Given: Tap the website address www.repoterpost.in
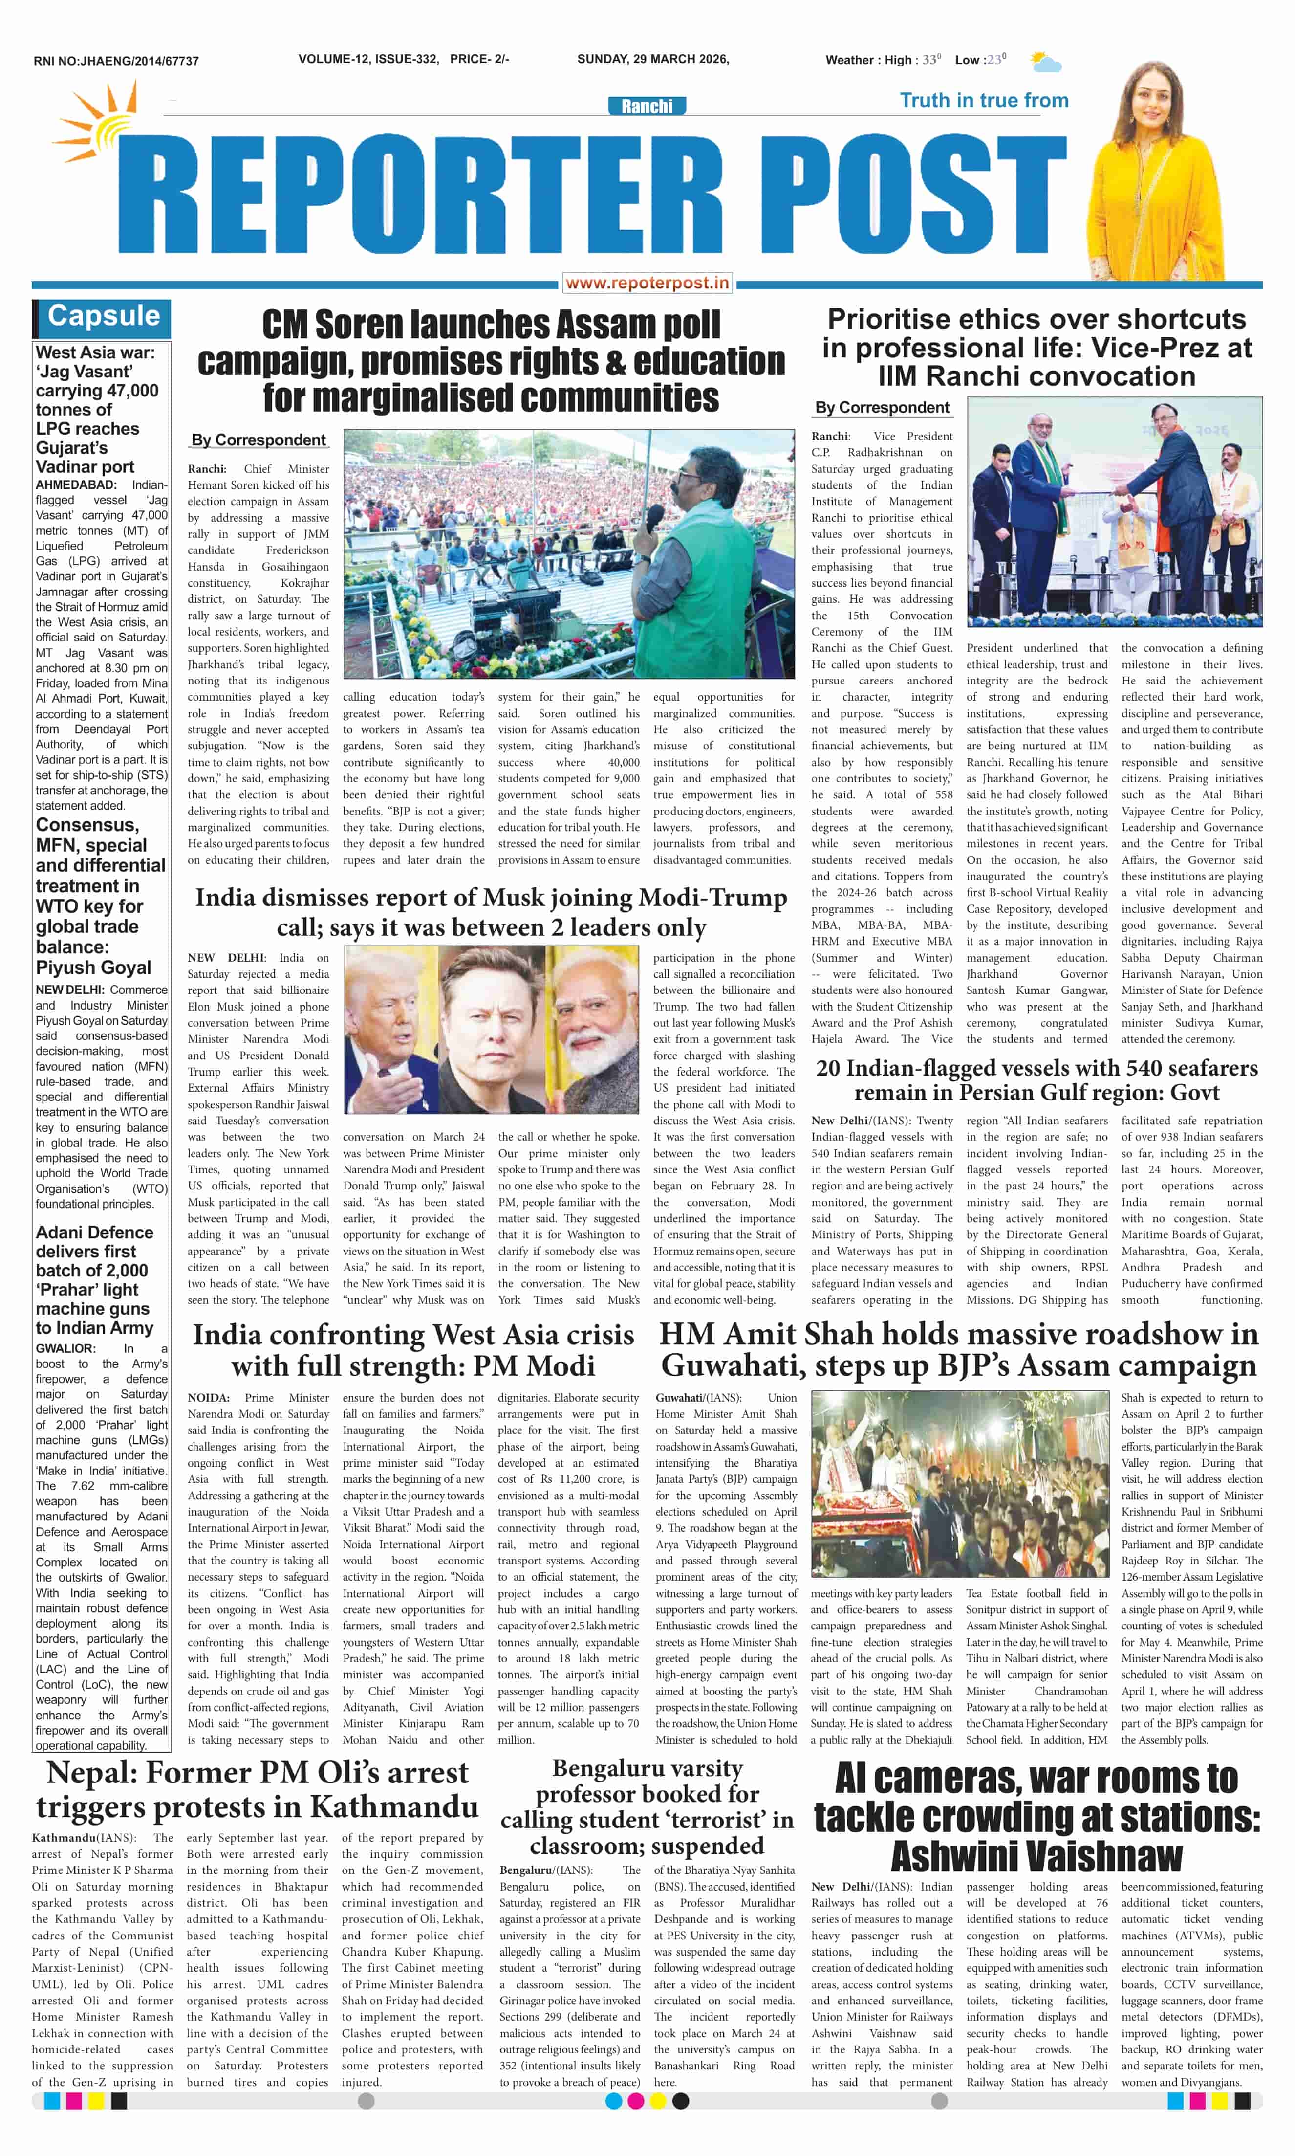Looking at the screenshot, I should [x=647, y=283].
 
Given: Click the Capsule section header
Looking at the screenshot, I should [x=104, y=316].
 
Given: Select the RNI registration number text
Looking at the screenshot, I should [x=116, y=61].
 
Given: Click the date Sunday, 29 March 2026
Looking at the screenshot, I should [x=653, y=59].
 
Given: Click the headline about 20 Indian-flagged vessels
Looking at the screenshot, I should [x=1036, y=1080].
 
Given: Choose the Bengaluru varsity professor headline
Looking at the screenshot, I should [x=647, y=1807].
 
